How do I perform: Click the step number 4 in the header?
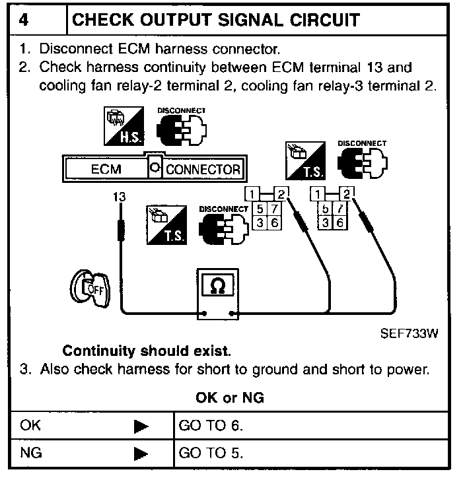pyautogui.click(x=24, y=19)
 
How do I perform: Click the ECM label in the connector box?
pyautogui.click(x=106, y=169)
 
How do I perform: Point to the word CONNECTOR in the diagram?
pyautogui.click(x=203, y=169)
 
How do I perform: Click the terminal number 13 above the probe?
pyautogui.click(x=119, y=197)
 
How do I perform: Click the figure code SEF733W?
pyautogui.click(x=409, y=333)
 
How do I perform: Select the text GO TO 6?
pyautogui.click(x=211, y=426)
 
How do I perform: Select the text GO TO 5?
pyautogui.click(x=211, y=454)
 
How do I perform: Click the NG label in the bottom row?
pyautogui.click(x=30, y=454)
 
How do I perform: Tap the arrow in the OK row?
pyautogui.click(x=141, y=427)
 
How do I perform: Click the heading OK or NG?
pyautogui.click(x=231, y=398)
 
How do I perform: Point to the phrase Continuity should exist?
pyautogui.click(x=147, y=351)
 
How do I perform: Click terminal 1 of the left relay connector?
pyautogui.click(x=252, y=193)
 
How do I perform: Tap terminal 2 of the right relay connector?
pyautogui.click(x=347, y=193)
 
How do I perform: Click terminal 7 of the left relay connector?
pyautogui.click(x=274, y=209)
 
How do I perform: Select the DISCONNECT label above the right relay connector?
pyautogui.click(x=361, y=143)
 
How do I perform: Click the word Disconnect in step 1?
pyautogui.click(x=71, y=49)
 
